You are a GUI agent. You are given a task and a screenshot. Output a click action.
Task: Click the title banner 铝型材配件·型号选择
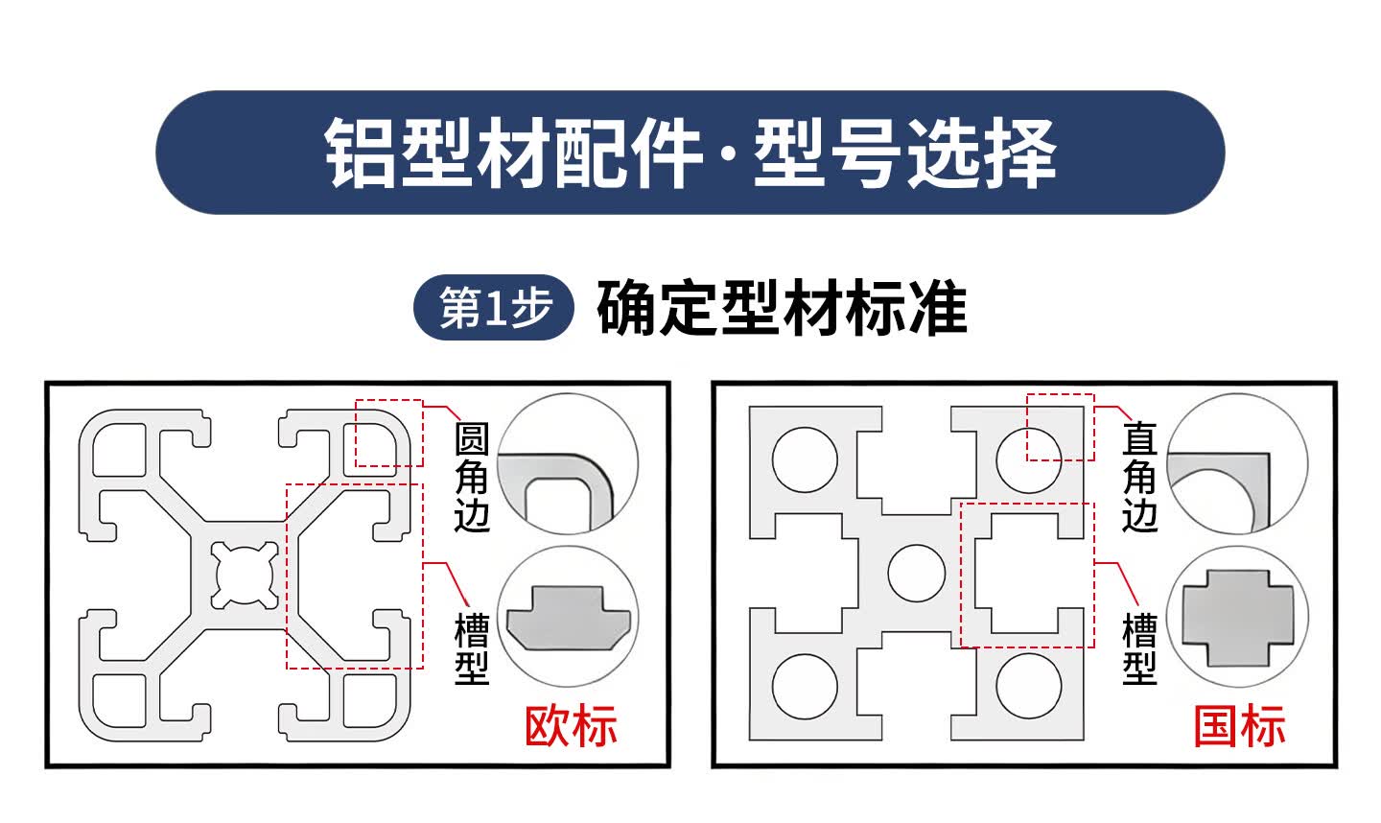tap(690, 153)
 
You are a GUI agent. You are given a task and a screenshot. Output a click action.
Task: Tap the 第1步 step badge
tap(494, 309)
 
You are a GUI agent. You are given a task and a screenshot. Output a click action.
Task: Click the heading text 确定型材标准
tap(782, 309)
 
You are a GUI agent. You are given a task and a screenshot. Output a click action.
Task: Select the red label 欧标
tap(571, 726)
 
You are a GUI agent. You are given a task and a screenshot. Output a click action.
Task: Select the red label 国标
tap(1239, 726)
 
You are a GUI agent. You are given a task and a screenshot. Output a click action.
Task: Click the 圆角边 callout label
tap(471, 478)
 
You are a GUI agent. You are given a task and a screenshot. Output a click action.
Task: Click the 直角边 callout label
tap(1139, 478)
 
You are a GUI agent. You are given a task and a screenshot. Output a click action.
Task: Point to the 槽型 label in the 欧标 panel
tap(471, 649)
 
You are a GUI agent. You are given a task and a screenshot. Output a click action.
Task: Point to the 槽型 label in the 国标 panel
tap(1139, 649)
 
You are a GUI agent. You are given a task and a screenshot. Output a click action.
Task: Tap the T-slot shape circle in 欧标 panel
tap(569, 617)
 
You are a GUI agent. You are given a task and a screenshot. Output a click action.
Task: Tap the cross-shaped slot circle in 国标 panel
tap(1237, 617)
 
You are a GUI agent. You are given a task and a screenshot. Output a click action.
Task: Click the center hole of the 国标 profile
tap(917, 573)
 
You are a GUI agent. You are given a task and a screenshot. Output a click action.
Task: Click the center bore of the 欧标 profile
tap(246, 574)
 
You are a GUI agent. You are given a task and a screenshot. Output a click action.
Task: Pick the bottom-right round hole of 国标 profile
tap(1029, 686)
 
